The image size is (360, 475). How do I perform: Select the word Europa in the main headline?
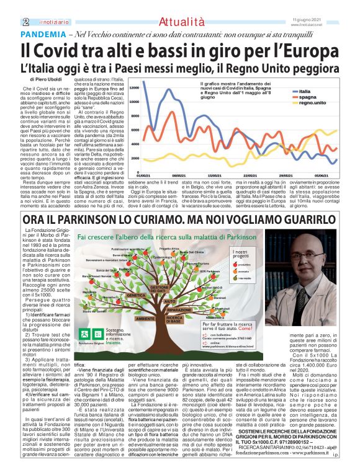[310, 49]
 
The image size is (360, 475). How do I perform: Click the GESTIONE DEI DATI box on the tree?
[160, 289]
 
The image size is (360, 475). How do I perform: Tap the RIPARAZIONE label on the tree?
[179, 309]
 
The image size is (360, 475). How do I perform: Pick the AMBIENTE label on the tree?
[145, 319]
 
